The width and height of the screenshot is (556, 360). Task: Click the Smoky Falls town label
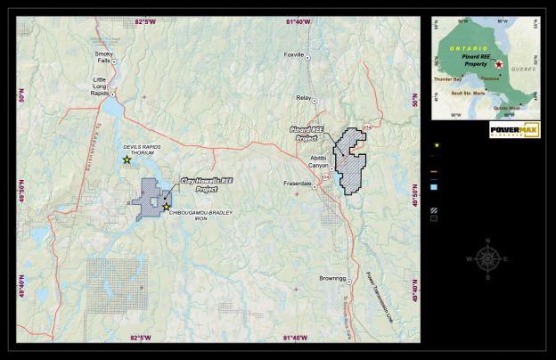pyautogui.click(x=104, y=57)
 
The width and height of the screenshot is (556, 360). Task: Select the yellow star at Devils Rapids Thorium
pyautogui.click(x=127, y=160)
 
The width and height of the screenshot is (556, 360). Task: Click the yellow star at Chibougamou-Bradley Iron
pyautogui.click(x=166, y=207)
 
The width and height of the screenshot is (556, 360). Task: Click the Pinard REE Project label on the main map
pyautogui.click(x=306, y=134)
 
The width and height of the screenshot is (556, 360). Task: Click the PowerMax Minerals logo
pyautogui.click(x=514, y=130)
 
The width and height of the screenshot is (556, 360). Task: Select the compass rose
pyautogui.click(x=487, y=258)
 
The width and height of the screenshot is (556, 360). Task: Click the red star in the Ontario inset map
pyautogui.click(x=500, y=66)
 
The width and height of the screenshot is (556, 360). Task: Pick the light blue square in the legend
pyautogui.click(x=434, y=188)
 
